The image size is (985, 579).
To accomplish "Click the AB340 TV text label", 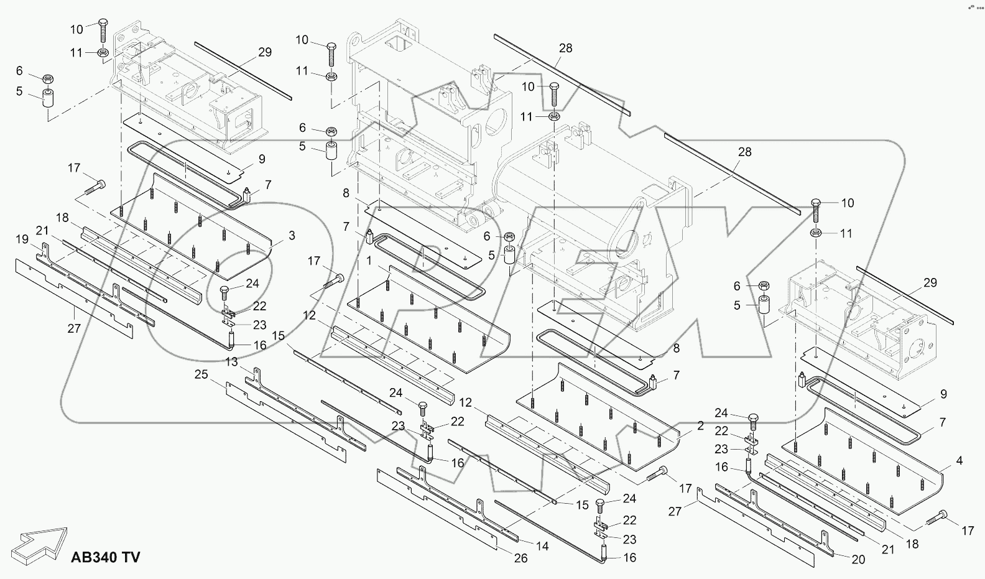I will (106, 557).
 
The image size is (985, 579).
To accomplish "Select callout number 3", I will (291, 236).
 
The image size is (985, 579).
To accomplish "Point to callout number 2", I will (700, 426).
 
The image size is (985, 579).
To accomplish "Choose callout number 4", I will (959, 461).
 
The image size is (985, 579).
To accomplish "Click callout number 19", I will (22, 239).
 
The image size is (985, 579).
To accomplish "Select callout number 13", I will (231, 362).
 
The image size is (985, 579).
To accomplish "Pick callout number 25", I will (201, 374).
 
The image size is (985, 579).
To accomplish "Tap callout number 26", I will (520, 558).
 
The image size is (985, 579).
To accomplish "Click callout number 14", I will (542, 546).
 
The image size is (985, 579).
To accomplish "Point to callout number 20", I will (858, 559).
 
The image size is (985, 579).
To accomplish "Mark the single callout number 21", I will (42, 231).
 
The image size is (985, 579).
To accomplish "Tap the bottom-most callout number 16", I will (629, 558).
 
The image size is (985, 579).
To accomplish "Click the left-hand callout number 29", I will (265, 52).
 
